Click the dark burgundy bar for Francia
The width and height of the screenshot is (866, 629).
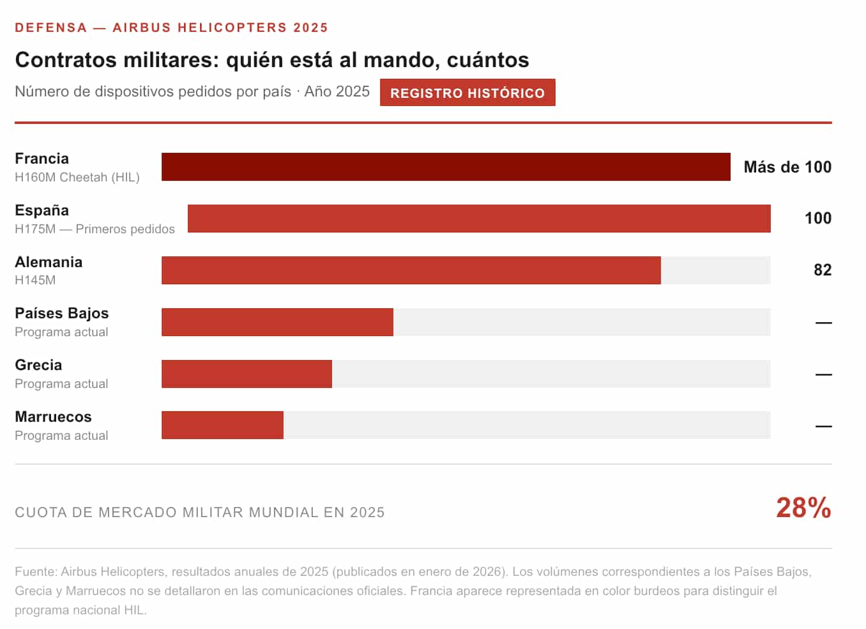(446, 167)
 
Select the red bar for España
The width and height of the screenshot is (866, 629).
(479, 219)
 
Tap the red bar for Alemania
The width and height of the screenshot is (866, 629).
(411, 270)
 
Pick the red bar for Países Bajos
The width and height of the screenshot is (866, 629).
(277, 322)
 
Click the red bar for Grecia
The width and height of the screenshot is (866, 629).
(247, 374)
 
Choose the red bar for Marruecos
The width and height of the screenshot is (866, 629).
(222, 425)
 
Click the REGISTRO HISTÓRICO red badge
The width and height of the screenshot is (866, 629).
(467, 93)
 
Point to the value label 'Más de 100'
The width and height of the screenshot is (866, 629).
(787, 167)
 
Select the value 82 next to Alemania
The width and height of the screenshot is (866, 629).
(822, 270)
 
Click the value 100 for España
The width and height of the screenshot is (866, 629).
(817, 218)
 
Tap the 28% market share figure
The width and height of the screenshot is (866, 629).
(803, 508)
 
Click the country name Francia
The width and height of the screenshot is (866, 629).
(42, 159)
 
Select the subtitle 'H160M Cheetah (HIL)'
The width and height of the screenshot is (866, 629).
(77, 177)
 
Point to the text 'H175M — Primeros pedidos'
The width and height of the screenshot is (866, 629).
(95, 229)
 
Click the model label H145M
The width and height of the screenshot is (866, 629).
(35, 280)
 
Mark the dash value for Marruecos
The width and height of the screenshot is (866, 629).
(823, 426)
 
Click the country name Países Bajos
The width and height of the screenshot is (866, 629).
(61, 313)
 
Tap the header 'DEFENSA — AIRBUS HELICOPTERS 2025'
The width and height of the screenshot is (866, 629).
(171, 27)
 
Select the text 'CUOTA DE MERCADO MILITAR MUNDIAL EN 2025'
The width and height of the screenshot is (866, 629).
(199, 512)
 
